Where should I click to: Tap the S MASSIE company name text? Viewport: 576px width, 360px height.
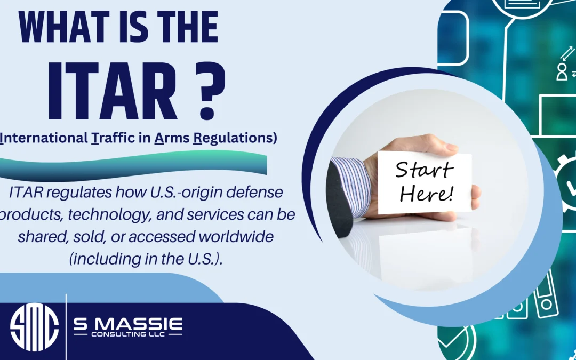point(127,323)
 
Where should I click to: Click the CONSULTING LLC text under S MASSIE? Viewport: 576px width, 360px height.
point(128,335)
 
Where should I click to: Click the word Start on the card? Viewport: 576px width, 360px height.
point(425,170)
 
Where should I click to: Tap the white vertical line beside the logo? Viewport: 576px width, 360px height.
point(66,326)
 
